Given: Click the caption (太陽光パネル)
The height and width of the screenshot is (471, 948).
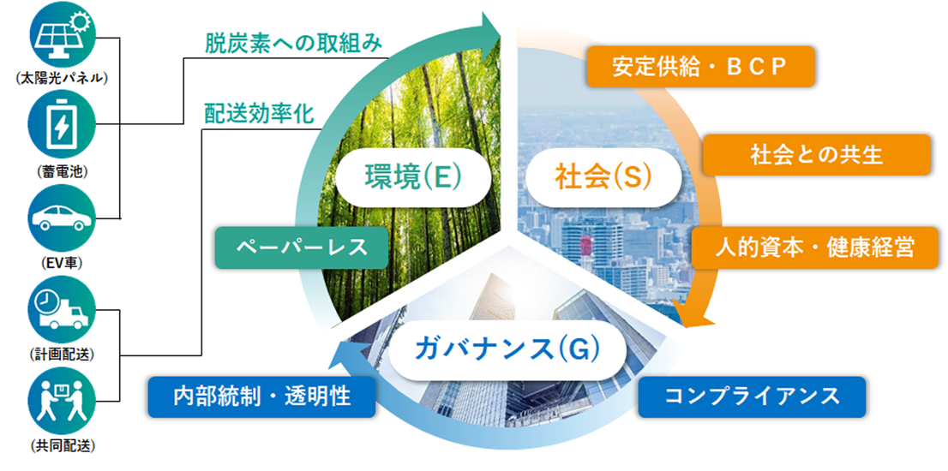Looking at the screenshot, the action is [63, 79].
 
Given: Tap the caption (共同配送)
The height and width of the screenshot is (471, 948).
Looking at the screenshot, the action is [63, 446].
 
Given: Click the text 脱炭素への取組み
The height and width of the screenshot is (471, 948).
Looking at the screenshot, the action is [293, 45].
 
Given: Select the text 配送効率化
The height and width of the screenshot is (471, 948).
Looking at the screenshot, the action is [260, 114].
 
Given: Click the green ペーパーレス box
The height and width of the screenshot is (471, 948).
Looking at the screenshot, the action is [302, 247].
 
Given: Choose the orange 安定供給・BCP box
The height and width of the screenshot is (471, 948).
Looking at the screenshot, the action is [701, 67].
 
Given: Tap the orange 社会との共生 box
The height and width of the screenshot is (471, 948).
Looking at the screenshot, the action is [816, 155].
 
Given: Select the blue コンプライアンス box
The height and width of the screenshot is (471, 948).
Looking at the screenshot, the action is [752, 396].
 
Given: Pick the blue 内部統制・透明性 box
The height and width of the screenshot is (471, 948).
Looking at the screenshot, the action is [261, 396].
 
